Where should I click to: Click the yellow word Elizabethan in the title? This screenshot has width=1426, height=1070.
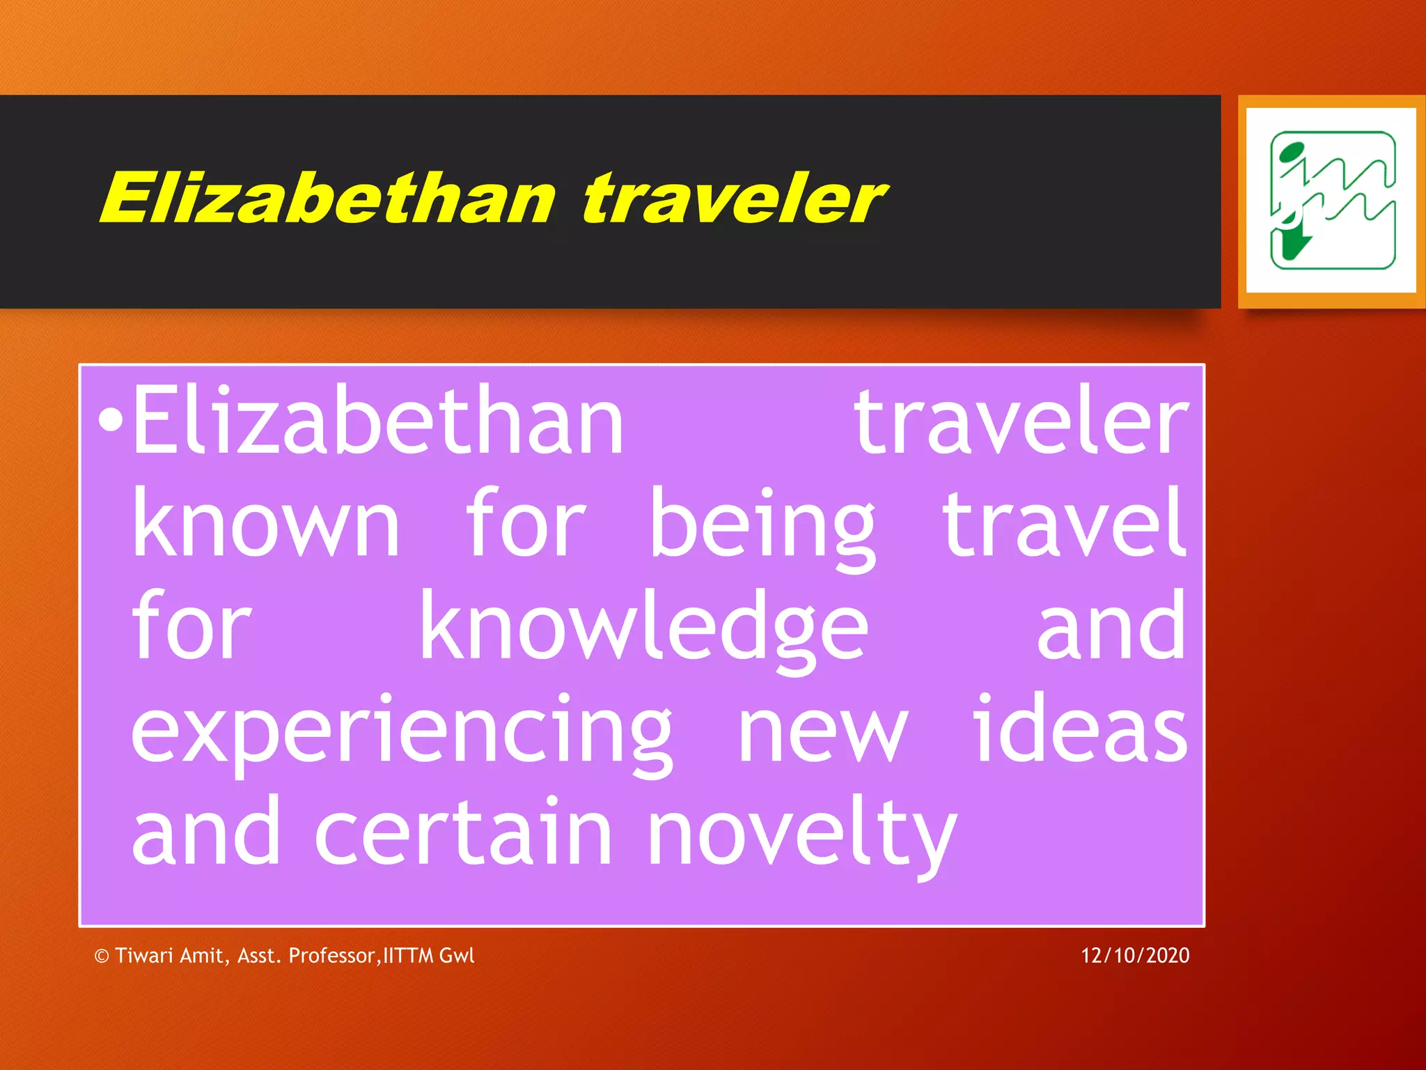click(x=327, y=199)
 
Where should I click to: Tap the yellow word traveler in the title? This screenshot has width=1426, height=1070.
click(x=734, y=199)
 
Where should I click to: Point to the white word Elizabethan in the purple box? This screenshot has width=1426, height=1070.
click(x=378, y=421)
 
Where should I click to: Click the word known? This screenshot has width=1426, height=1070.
click(x=265, y=524)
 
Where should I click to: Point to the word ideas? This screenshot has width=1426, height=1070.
click(x=1080, y=728)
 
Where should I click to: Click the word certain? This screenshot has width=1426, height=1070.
click(x=463, y=832)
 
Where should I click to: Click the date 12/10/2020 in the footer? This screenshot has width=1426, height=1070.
click(x=1135, y=955)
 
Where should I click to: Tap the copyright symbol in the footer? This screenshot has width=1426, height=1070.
click(x=102, y=956)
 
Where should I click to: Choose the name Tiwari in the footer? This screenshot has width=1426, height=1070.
click(x=143, y=955)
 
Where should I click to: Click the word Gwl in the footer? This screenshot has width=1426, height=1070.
click(x=457, y=955)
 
